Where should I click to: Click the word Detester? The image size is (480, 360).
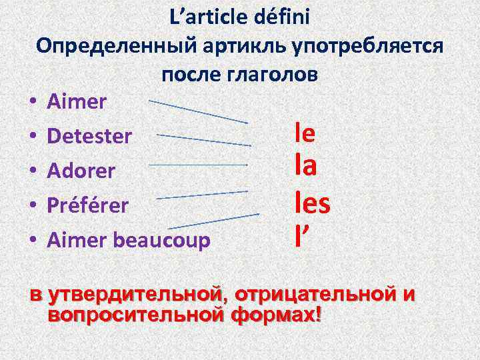[x=89, y=137]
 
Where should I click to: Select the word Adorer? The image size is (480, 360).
[x=81, y=171]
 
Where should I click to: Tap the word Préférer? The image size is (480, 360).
[x=87, y=205]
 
